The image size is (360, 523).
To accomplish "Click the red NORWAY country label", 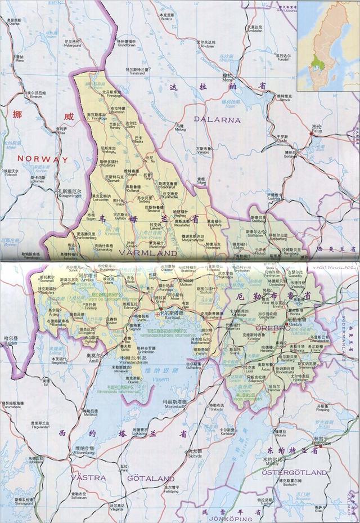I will (42, 159).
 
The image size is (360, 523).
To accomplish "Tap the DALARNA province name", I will (217, 119).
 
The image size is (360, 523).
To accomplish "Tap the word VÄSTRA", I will (89, 477).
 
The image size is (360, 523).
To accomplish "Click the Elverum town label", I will (20, 97).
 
